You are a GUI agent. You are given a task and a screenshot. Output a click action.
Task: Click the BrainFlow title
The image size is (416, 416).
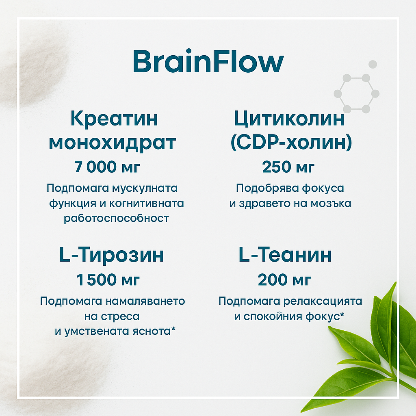point(208,62)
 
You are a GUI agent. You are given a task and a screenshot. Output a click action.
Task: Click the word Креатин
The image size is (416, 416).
point(114,119)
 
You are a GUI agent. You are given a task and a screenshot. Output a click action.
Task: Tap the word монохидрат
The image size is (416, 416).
point(113,143)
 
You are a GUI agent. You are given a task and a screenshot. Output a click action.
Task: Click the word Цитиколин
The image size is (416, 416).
point(289,119)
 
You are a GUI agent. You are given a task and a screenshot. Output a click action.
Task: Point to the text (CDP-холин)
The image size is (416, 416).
point(291,143)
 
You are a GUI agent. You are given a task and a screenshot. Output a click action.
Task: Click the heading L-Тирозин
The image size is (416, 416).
point(112,255)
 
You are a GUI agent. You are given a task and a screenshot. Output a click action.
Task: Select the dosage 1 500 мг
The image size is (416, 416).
point(108,280)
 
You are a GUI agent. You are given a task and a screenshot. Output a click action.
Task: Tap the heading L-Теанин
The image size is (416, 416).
point(285,255)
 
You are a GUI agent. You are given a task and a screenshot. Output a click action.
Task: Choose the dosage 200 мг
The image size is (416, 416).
point(285,280)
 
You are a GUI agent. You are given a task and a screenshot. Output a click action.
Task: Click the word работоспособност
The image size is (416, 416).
point(116,218)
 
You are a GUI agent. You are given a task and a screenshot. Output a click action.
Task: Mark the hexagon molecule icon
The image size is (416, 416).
point(357,93)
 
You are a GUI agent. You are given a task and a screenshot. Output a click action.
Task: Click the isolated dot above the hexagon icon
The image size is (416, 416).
point(373,64)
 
